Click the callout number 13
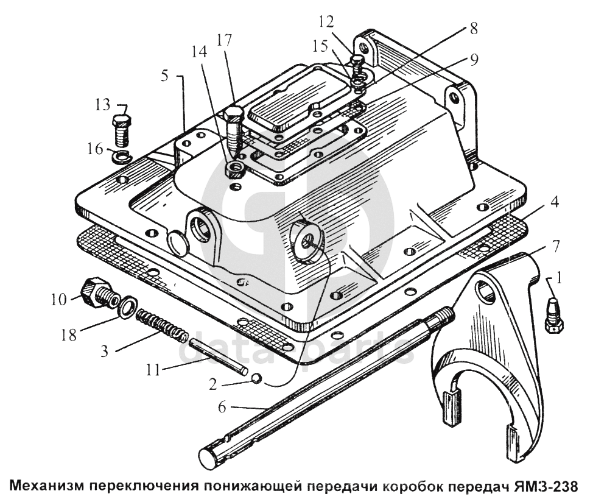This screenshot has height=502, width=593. pos(102,105)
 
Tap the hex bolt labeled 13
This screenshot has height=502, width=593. pos(121,131)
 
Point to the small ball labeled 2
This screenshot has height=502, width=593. pos(256,378)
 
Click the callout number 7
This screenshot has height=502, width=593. pos(555,246)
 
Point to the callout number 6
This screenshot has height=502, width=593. pos(222,407)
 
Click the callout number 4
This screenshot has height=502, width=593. pos(554,202)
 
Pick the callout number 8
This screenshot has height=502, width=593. pos(474,29)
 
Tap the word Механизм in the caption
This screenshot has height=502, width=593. pos(47,486)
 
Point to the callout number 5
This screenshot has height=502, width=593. pos(164,76)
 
